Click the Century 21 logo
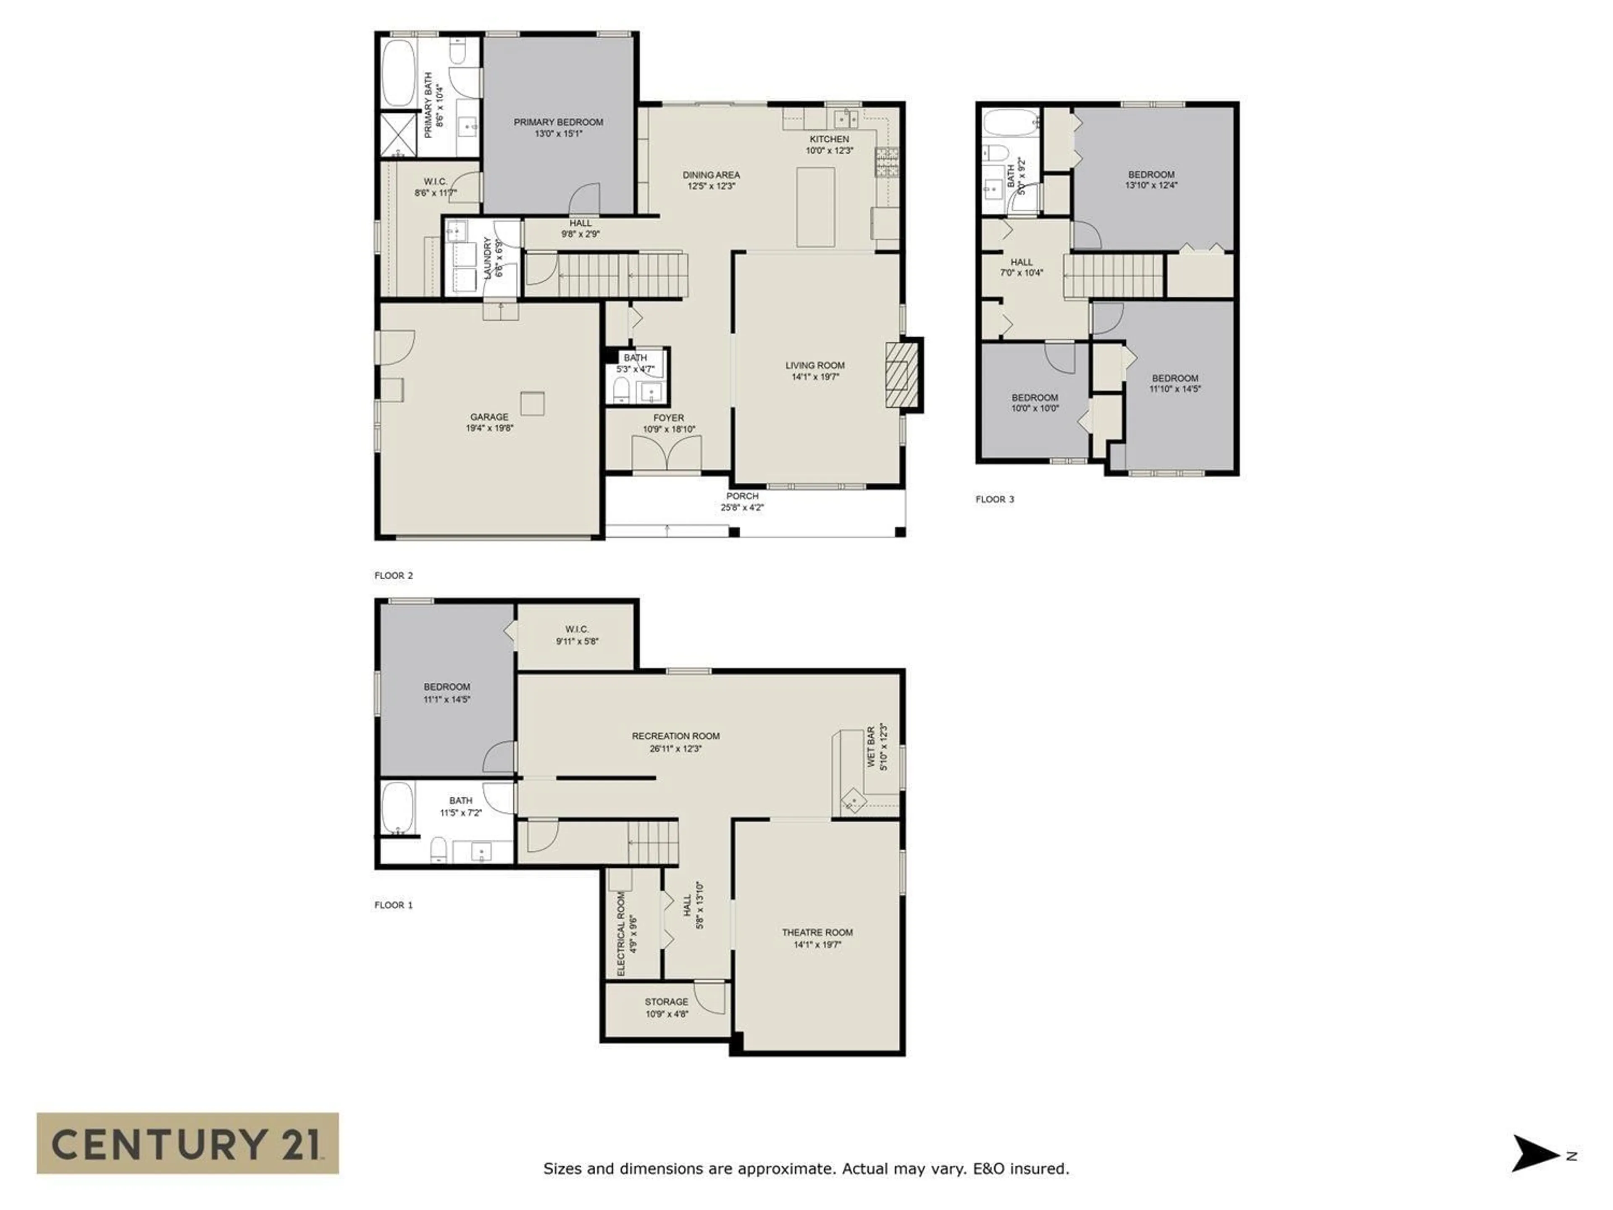coord(187,1143)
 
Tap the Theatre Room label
coord(817,932)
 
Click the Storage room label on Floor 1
coord(666,1002)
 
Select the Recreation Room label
coord(675,736)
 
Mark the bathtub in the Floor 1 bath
coord(397,808)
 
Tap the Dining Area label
coord(711,175)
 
